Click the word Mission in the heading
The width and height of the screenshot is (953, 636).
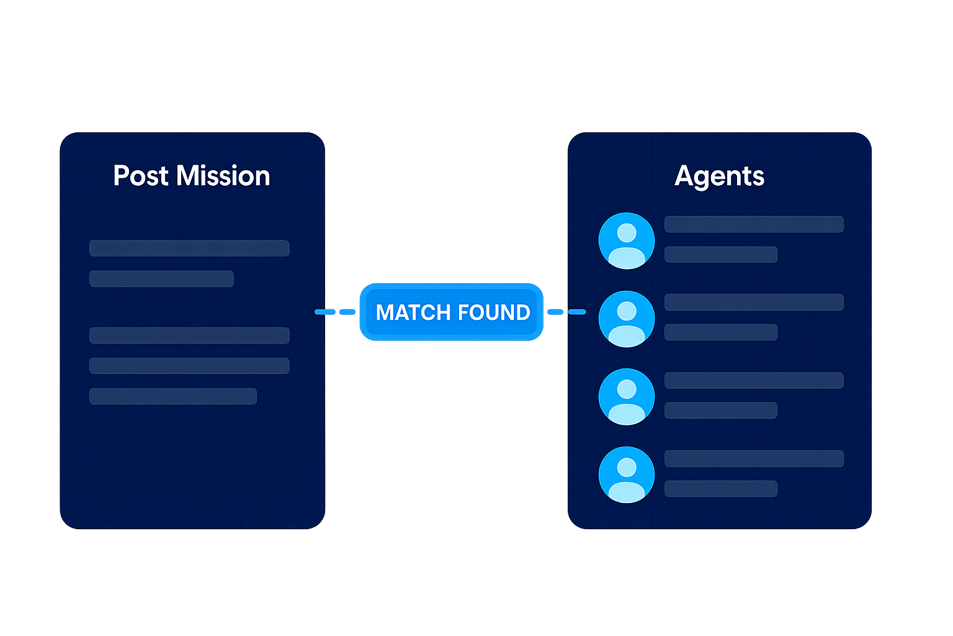(x=223, y=176)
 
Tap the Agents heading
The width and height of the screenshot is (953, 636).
(x=719, y=176)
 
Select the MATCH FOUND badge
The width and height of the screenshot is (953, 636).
(x=452, y=312)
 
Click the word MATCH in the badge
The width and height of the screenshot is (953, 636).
(x=413, y=312)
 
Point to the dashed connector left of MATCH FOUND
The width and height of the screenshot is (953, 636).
(x=335, y=312)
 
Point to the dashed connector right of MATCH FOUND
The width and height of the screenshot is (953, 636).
(x=567, y=312)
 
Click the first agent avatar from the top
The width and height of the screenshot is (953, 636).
(x=627, y=241)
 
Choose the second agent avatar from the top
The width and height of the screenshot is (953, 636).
(x=627, y=319)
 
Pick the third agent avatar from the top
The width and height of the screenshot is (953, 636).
(x=627, y=397)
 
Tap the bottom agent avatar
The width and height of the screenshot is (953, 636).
(x=627, y=475)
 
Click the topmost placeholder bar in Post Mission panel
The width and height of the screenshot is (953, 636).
(x=189, y=248)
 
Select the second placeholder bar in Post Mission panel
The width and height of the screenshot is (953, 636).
(x=161, y=279)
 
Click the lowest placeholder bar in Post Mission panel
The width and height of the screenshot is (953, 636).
(x=173, y=396)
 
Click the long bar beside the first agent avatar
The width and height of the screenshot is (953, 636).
(x=754, y=224)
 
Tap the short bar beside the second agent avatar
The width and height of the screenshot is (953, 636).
(x=721, y=332)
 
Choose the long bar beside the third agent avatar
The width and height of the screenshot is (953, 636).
(x=754, y=380)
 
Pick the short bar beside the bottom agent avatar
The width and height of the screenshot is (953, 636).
(x=721, y=489)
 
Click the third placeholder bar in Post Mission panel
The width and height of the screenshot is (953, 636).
(x=189, y=335)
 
